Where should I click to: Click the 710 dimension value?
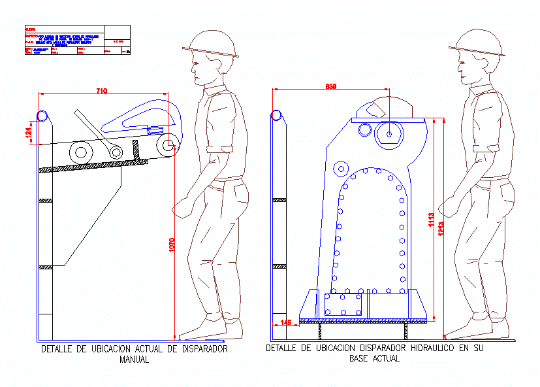pos(101,91)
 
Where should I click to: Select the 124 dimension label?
pos(28,131)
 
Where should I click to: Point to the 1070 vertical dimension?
pos(173,244)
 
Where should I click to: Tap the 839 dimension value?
pos(331,86)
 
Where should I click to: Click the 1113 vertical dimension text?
pos(432,221)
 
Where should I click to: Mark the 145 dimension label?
pos(285,322)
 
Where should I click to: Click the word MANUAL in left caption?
pos(135,359)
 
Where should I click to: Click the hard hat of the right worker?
pos(477,42)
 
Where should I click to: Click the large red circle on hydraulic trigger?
pos(389,134)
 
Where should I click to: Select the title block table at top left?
pos(77,40)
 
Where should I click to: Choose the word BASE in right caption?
pos(360,359)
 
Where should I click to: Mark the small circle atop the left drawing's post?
pos(42,116)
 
